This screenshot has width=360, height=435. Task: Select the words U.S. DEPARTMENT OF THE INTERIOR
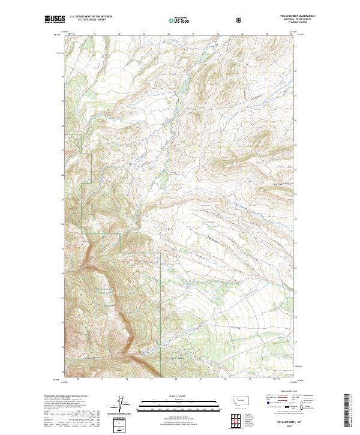pyautogui.click(x=91, y=17)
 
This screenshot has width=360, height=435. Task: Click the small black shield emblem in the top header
pyautogui.click(x=239, y=20)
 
